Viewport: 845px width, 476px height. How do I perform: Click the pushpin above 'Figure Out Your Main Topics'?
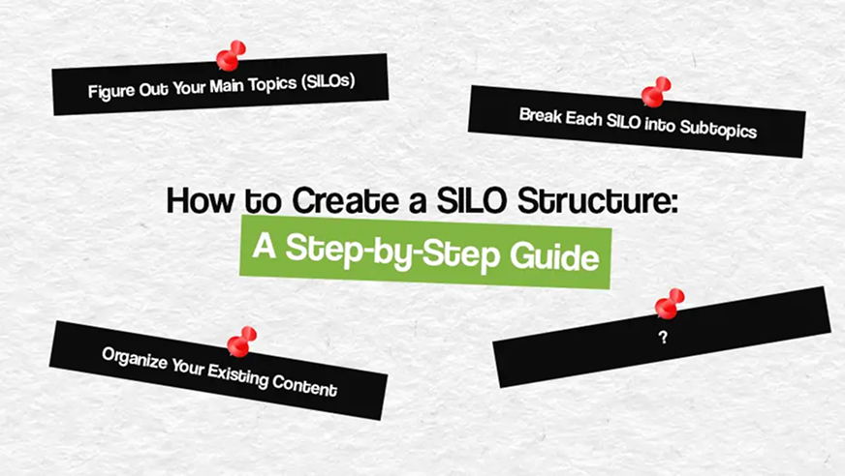click(230, 56)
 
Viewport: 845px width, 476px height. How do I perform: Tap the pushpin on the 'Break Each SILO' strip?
click(656, 92)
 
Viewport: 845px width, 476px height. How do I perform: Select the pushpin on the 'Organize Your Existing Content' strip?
click(241, 342)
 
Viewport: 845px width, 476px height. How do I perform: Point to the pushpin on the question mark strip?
click(670, 304)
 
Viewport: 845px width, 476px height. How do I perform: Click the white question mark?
click(663, 338)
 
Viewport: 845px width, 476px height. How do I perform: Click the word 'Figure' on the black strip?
click(111, 91)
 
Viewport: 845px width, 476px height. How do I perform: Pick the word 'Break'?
click(541, 116)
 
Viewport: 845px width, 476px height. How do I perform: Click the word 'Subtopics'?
click(718, 129)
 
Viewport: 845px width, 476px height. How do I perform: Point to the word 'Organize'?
click(135, 358)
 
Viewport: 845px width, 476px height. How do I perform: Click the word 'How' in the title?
click(201, 200)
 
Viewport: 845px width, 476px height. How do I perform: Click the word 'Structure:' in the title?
click(597, 200)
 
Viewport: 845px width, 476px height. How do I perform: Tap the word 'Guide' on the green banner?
click(554, 256)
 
